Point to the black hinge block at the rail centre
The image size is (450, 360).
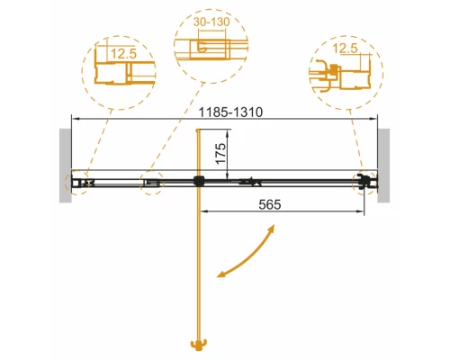(195, 182)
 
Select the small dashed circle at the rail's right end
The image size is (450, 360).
(365, 183)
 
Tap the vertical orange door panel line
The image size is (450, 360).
(195, 270)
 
